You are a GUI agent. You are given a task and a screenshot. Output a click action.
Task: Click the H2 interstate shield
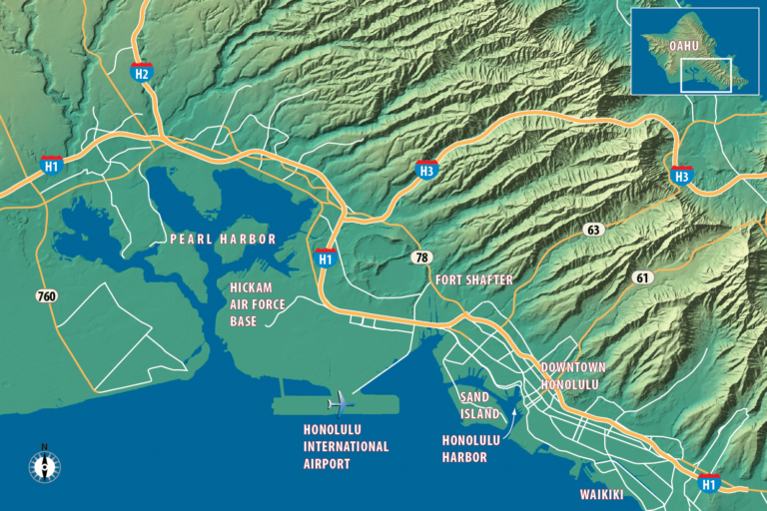(142, 72)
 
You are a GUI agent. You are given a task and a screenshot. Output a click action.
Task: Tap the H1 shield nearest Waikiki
(709, 482)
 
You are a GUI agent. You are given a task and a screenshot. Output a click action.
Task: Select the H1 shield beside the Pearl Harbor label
(325, 257)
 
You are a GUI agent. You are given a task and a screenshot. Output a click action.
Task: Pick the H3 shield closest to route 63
(682, 175)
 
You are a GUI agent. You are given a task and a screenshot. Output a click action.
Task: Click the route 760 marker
(46, 296)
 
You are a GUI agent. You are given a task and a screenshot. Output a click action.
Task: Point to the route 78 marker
(420, 257)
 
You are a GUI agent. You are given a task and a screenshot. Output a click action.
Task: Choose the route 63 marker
(594, 230)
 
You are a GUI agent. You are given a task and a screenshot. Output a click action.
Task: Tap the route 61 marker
(640, 276)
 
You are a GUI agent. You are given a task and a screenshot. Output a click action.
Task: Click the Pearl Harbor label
(223, 240)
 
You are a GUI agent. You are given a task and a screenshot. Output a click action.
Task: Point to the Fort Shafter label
(474, 280)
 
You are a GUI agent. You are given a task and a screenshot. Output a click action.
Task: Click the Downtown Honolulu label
(572, 375)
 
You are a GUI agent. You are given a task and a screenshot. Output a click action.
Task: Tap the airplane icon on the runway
(340, 403)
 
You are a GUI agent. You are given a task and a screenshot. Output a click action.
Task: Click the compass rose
(44, 465)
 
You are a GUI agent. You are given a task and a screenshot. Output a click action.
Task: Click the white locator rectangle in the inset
(706, 75)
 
